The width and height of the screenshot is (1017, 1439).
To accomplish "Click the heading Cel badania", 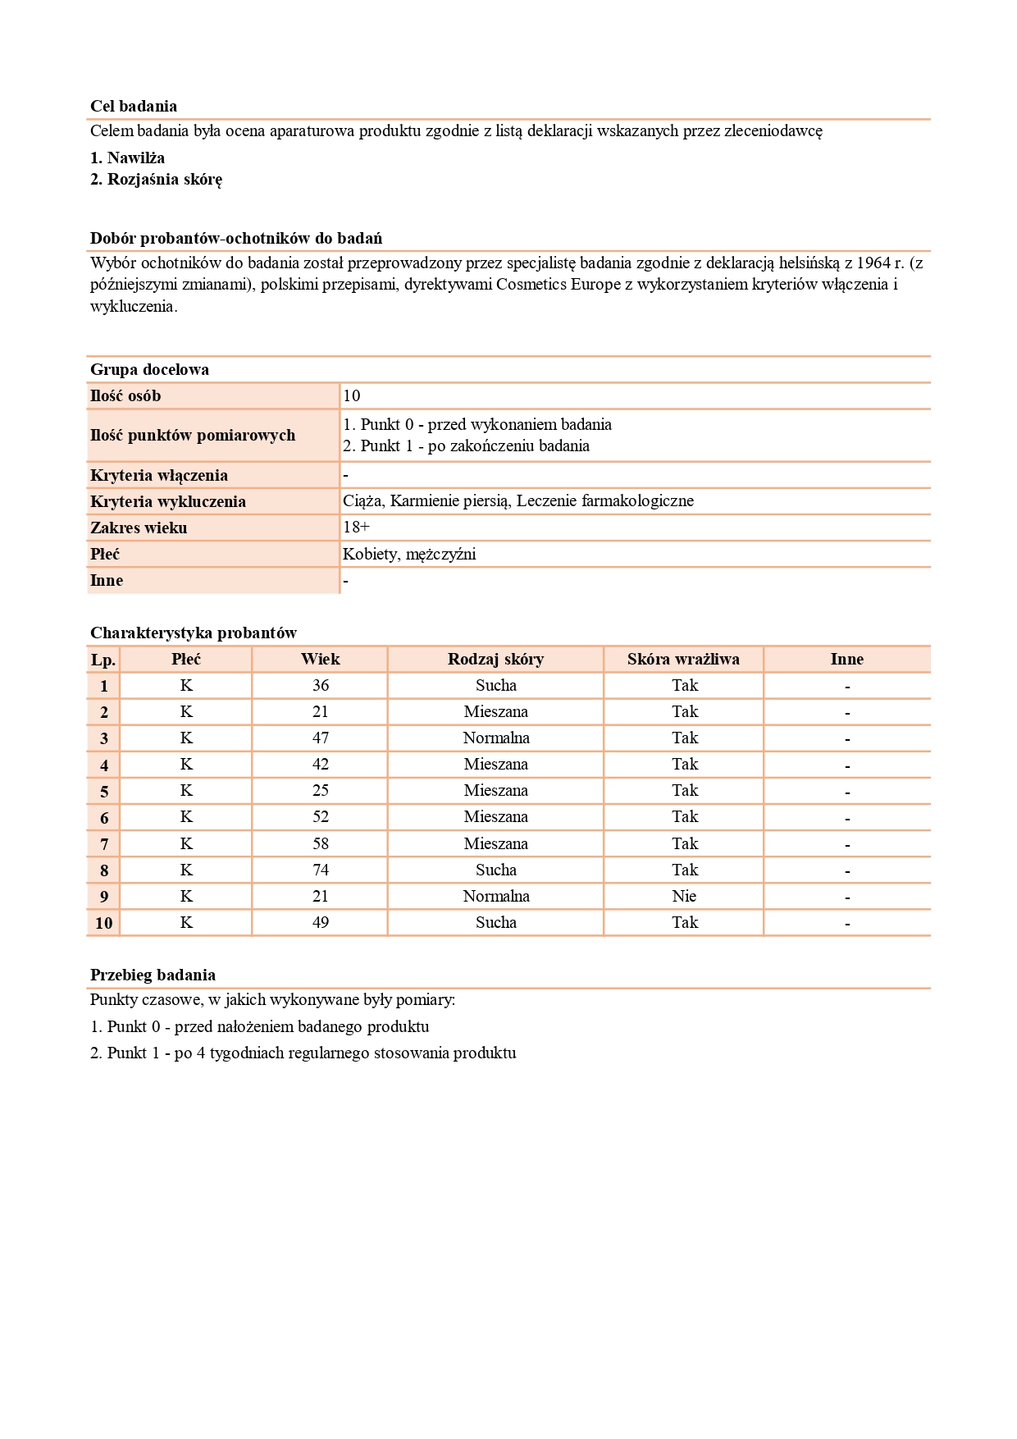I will [x=134, y=106].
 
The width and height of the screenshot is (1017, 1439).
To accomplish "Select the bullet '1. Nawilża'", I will [x=127, y=158].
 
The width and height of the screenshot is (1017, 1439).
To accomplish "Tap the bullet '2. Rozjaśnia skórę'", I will [x=156, y=179].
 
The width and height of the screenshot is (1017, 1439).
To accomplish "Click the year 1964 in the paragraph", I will [x=873, y=263].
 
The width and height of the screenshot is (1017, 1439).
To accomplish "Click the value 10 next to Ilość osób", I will [x=352, y=395].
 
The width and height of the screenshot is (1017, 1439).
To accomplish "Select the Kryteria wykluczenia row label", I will [x=168, y=501].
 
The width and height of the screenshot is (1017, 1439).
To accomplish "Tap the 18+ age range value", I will [x=356, y=527].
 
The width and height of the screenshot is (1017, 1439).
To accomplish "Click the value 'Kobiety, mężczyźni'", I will [x=409, y=554].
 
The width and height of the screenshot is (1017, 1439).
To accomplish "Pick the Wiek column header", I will [x=320, y=659].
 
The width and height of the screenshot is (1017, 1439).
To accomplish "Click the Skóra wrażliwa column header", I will [x=683, y=659].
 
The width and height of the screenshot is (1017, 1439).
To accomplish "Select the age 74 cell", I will [x=320, y=870].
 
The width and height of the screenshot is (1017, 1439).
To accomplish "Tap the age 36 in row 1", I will [x=320, y=685].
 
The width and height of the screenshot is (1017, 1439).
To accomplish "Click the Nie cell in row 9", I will [x=684, y=896].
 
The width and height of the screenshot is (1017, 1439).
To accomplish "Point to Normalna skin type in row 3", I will [x=496, y=738].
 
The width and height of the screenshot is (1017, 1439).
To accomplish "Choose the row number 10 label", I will [x=103, y=923].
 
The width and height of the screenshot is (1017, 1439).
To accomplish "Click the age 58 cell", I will [x=320, y=843].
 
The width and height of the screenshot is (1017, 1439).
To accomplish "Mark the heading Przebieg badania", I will [x=153, y=975].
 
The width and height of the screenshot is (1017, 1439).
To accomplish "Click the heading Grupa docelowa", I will [x=149, y=369].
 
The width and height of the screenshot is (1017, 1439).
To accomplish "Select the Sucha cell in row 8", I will [x=496, y=870].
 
